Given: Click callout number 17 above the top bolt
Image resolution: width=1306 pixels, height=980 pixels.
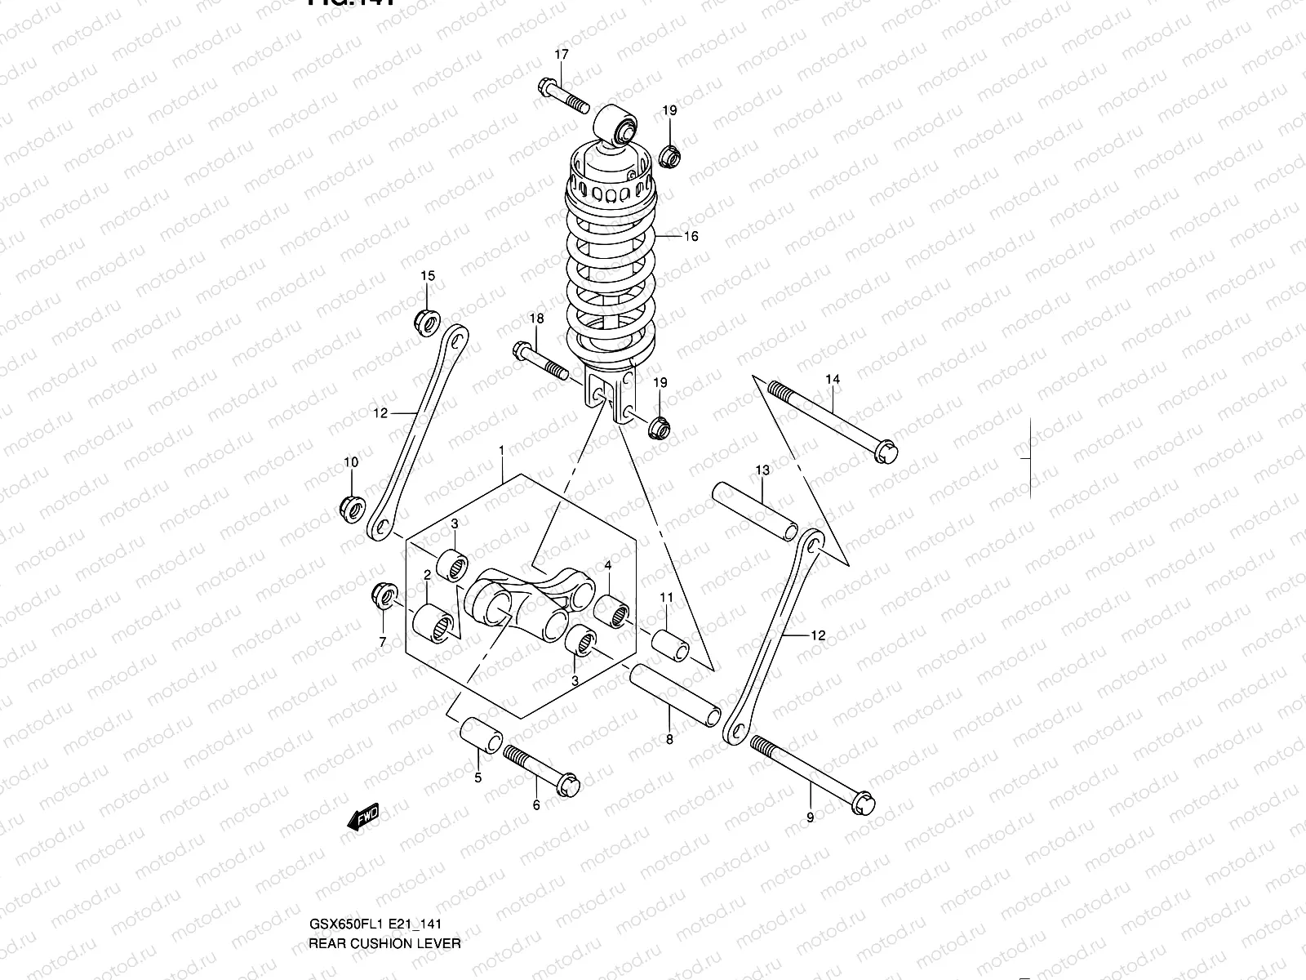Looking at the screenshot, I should [562, 55].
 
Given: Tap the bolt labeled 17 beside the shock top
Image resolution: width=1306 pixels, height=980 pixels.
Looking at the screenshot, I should [563, 96].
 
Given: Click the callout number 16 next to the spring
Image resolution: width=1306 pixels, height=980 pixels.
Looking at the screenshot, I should [691, 237].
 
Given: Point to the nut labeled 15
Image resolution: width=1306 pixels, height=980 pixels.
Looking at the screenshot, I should [426, 322].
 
